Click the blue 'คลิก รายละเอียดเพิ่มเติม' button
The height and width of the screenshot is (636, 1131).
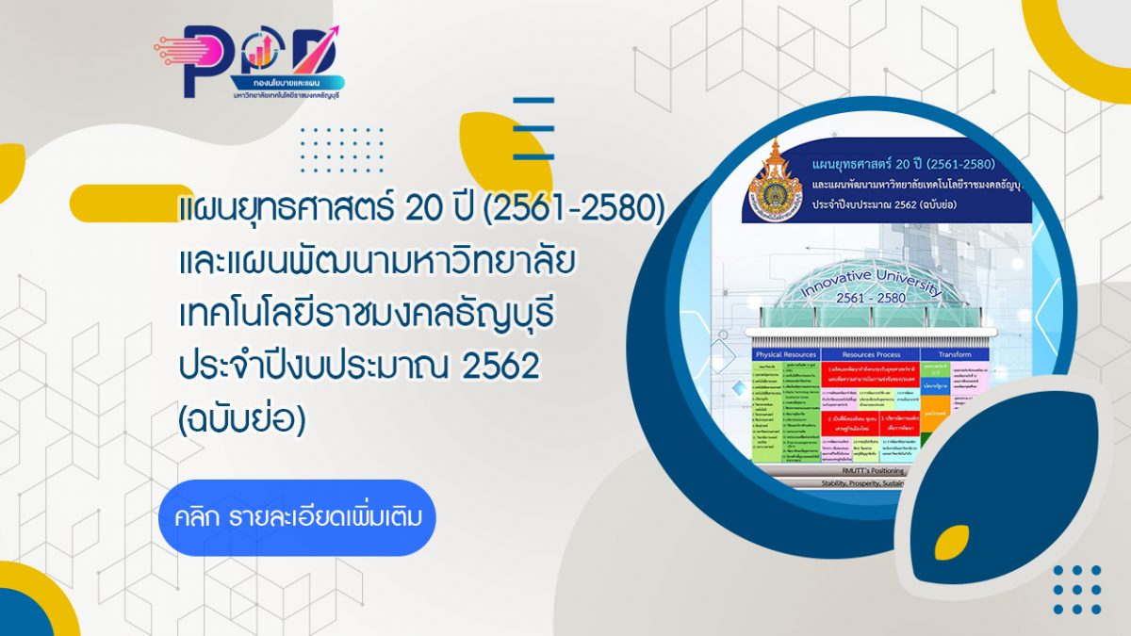coord(297,517)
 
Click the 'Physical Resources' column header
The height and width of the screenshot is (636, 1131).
coord(785,354)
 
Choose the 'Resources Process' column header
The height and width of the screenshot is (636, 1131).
coord(869,354)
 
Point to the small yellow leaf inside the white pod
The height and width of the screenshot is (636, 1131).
coord(951,541)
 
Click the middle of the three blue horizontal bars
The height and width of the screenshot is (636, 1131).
coord(533,128)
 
